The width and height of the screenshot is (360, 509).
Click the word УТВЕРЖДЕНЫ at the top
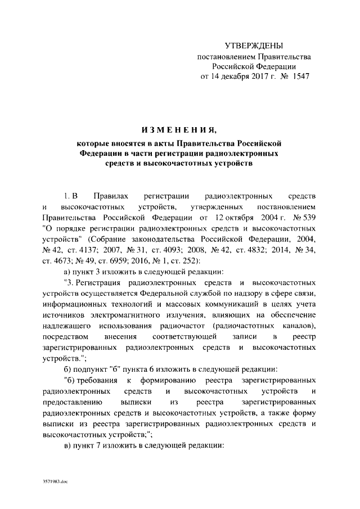pyautogui.click(x=254, y=45)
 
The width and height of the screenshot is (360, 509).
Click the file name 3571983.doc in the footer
pyautogui.click(x=54, y=483)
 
